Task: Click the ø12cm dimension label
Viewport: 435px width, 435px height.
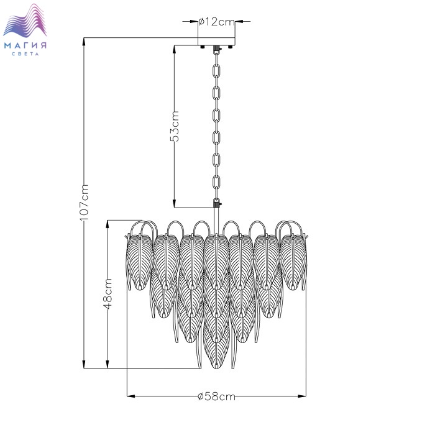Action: (217, 21)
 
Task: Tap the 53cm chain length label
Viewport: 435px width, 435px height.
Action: (175, 126)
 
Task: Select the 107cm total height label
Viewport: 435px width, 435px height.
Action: (84, 203)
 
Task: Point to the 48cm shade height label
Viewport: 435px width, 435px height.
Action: (108, 294)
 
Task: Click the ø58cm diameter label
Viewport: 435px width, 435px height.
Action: (216, 396)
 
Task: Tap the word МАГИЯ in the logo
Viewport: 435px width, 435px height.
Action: (25, 45)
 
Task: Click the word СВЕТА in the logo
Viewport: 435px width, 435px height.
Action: (25, 54)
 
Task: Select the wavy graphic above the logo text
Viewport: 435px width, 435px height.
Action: (25, 20)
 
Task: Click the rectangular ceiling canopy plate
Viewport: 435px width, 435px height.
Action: (216, 41)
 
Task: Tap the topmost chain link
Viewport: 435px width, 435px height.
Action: (216, 71)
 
